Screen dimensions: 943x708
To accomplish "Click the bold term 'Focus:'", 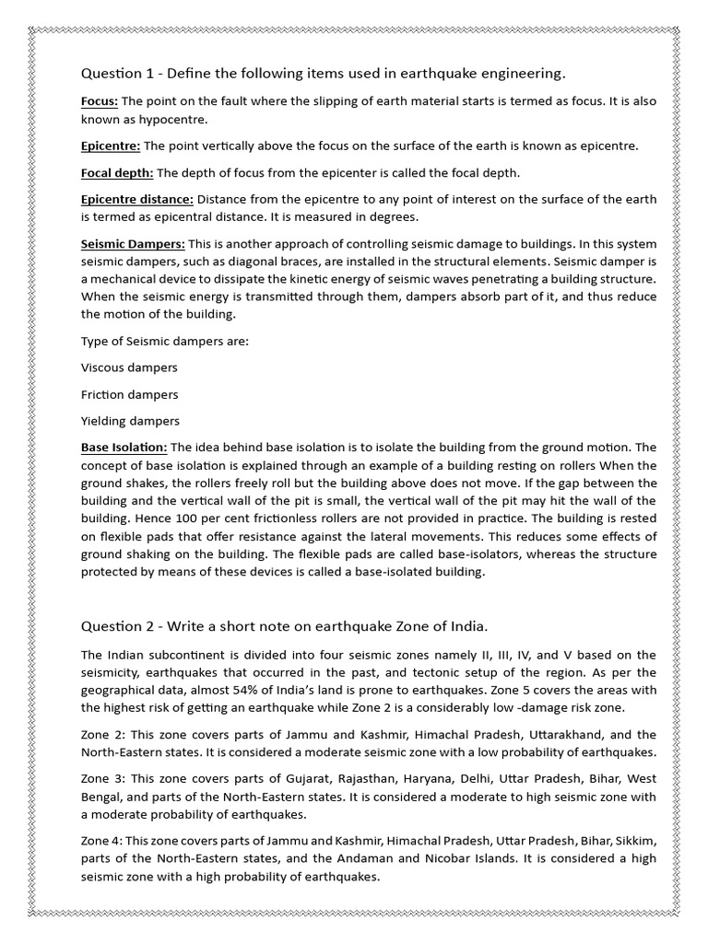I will point(100,101).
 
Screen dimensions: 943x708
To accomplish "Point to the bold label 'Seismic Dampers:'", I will point(133,243).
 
